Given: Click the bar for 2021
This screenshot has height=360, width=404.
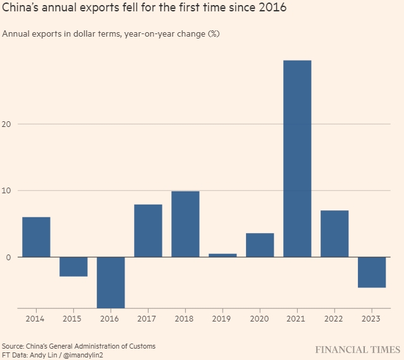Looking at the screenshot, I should pos(297,159).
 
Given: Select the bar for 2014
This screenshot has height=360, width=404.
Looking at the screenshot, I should pos(36,237).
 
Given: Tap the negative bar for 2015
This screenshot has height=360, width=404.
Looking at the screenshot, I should pos(73,267).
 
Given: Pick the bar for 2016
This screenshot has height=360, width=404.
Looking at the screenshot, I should pos(111,282).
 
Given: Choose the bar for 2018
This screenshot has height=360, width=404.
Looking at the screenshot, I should pos(185,224).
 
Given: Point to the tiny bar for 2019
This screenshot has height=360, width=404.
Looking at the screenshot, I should pos(223,255).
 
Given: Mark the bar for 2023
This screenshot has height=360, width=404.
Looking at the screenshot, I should pos(372,272).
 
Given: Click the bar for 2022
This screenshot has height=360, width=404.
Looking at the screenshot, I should pos(334,234).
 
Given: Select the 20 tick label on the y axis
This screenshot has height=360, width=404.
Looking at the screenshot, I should pos(8,124).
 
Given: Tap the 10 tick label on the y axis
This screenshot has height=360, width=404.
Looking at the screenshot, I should pos(8,191).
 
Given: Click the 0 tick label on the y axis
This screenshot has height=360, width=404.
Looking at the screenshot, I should pos(9,257).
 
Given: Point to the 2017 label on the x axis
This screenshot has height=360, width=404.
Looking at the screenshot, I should pos(148,320).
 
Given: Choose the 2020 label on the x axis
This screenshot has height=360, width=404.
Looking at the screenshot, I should pos(260,320).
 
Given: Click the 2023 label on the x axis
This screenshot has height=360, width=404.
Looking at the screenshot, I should pos(372,320).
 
